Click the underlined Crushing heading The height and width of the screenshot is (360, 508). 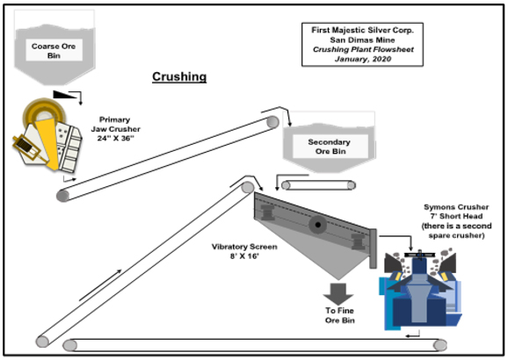point(179,77)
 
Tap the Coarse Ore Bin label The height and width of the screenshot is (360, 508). point(54,51)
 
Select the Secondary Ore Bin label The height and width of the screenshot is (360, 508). point(330,147)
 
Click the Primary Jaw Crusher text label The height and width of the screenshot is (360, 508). point(115,129)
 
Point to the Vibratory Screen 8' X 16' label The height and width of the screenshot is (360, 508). point(244,251)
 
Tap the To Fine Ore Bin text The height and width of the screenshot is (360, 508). point(339,315)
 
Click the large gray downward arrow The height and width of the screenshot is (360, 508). point(337,294)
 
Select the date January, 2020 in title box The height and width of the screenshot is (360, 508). point(363,59)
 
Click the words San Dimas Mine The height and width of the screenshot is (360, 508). point(362,40)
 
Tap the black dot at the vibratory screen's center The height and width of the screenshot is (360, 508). point(318,225)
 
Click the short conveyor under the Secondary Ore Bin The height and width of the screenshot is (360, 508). point(318,185)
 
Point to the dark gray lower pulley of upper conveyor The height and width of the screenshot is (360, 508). point(63,196)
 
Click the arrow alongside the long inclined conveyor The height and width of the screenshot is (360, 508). point(100,284)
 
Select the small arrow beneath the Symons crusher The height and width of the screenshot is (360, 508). point(413,335)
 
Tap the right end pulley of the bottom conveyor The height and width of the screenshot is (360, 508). point(440,345)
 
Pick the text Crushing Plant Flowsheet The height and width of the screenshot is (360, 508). point(363,49)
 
